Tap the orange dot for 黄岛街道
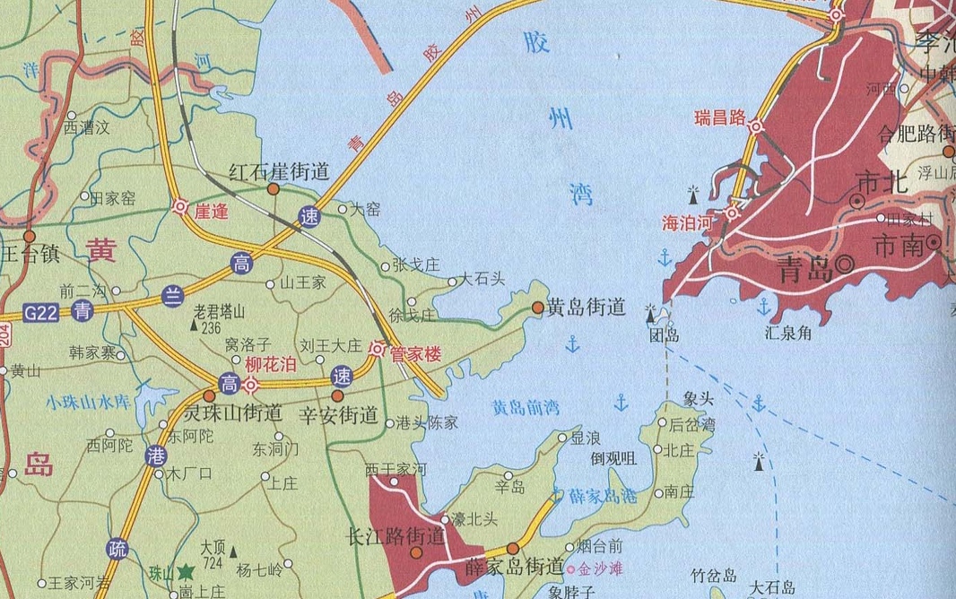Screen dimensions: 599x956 [537, 308]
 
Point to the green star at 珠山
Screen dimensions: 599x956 [186, 570]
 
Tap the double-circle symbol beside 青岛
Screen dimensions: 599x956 [845, 265]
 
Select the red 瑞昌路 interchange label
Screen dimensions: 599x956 [720, 117]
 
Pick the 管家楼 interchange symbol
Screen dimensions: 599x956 [378, 351]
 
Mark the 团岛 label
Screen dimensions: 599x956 [664, 336]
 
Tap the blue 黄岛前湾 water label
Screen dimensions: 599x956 [525, 408]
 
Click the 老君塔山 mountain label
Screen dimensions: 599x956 [220, 311]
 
